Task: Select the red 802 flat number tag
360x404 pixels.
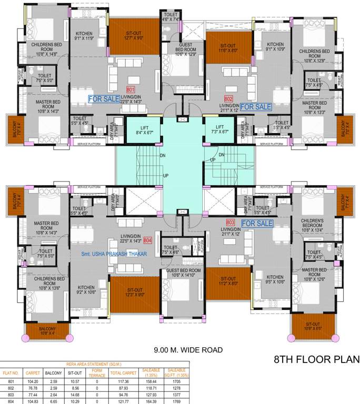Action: [228, 98]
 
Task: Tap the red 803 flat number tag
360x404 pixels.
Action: [230, 222]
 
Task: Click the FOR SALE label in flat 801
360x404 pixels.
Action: [104, 98]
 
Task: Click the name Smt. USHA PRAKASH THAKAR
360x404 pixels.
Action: [113, 254]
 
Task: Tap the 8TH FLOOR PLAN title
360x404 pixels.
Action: [317, 360]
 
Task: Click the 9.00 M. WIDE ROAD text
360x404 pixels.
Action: [188, 350]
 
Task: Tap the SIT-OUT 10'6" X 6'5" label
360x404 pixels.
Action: [312, 326]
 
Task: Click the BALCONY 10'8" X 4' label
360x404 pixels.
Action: [46, 330]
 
